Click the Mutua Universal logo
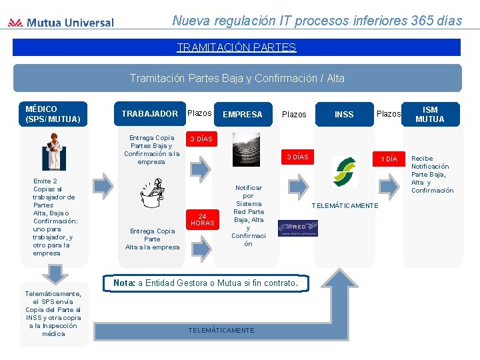[x=61, y=23]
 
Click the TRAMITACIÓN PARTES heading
[x=236, y=47]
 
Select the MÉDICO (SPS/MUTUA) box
[x=53, y=114]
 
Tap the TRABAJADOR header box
[x=149, y=113]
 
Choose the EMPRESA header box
[x=242, y=114]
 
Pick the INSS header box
[x=344, y=114]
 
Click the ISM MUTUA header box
[x=430, y=114]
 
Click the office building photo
[x=245, y=149]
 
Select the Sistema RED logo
[x=297, y=228]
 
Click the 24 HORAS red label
[x=203, y=219]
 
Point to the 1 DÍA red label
[x=389, y=159]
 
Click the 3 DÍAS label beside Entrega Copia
[x=201, y=139]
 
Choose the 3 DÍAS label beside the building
[x=297, y=157]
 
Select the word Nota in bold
[x=124, y=283]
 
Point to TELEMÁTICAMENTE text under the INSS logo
[x=345, y=205]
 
